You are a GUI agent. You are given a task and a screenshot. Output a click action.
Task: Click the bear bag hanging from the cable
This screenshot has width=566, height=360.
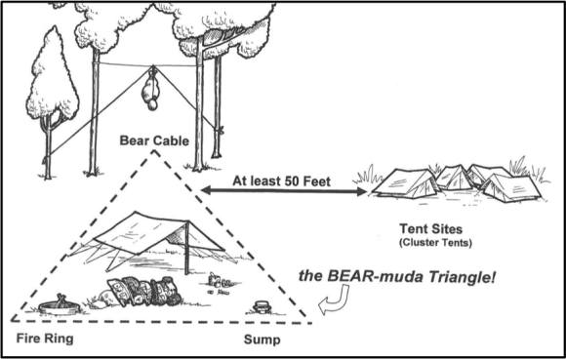[x=149, y=90]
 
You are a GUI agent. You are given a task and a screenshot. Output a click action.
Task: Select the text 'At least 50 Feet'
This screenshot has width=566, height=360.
[x=281, y=180]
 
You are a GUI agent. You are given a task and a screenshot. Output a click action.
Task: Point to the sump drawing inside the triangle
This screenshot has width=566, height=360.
[x=262, y=307]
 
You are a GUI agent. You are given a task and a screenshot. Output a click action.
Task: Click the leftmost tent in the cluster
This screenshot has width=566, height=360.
[x=400, y=182]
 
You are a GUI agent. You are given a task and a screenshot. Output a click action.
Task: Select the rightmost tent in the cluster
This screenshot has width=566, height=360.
[x=510, y=185]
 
